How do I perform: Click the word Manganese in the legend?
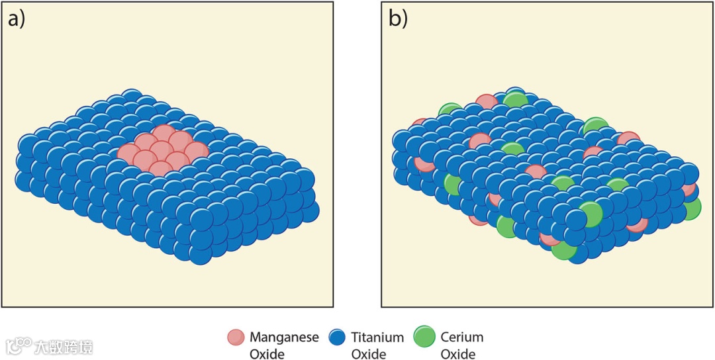click(x=284, y=337)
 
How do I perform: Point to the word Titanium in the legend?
click(x=377, y=337)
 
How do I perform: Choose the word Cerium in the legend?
click(x=462, y=337)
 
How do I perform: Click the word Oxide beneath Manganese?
click(x=267, y=354)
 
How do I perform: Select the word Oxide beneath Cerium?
click(x=458, y=354)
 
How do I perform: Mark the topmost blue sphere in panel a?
click(x=131, y=98)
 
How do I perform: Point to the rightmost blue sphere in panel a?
click(x=309, y=210)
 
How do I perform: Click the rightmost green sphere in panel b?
click(x=690, y=208)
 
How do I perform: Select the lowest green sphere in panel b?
click(x=564, y=249)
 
